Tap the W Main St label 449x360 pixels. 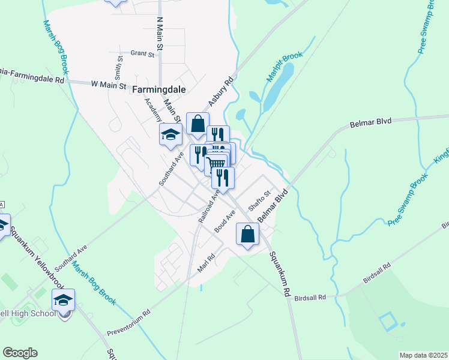pyautogui.click(x=109, y=86)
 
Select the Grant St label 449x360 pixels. pyautogui.click(x=142, y=53)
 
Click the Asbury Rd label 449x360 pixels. pyautogui.click(x=220, y=91)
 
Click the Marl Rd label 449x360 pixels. pyautogui.click(x=206, y=261)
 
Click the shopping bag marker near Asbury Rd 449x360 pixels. pyautogui.click(x=197, y=124)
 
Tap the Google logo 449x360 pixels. pyautogui.click(x=20, y=353)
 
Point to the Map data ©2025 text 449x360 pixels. pyautogui.click(x=424, y=355)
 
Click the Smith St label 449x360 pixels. pyautogui.click(x=119, y=68)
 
